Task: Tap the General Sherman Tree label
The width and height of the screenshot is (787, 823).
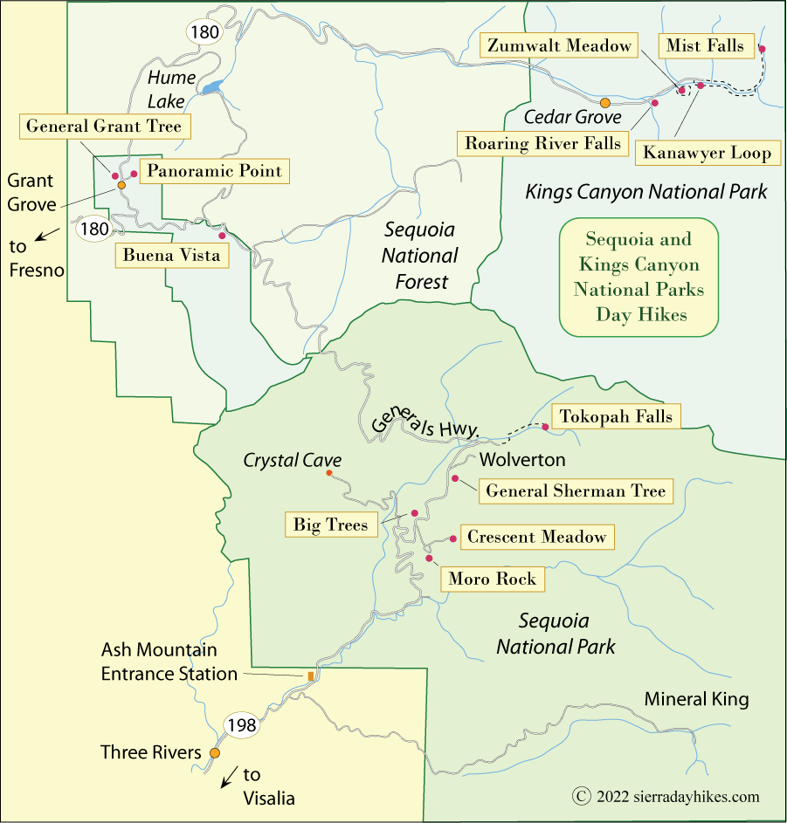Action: coord(576,490)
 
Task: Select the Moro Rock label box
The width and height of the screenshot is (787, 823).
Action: coord(493,579)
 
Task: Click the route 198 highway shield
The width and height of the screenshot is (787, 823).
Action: coord(240,724)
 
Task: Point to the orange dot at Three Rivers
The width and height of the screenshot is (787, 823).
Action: coord(215,752)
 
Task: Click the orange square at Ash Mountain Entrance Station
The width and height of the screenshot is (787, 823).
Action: coord(310,676)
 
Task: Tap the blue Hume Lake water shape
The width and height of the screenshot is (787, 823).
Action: coord(211,88)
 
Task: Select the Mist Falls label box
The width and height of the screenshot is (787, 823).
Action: coord(705,45)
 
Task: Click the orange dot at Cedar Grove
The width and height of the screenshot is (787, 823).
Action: coord(604,103)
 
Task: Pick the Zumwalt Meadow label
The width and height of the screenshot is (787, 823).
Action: coord(559,46)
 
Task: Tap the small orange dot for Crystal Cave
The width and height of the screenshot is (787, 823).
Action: coord(328,473)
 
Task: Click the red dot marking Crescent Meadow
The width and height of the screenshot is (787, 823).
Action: coord(452,538)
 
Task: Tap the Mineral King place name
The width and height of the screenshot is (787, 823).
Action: coord(696,699)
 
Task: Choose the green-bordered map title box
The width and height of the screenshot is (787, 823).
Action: coord(638,277)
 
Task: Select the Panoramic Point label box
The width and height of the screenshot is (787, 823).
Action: coord(215,171)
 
